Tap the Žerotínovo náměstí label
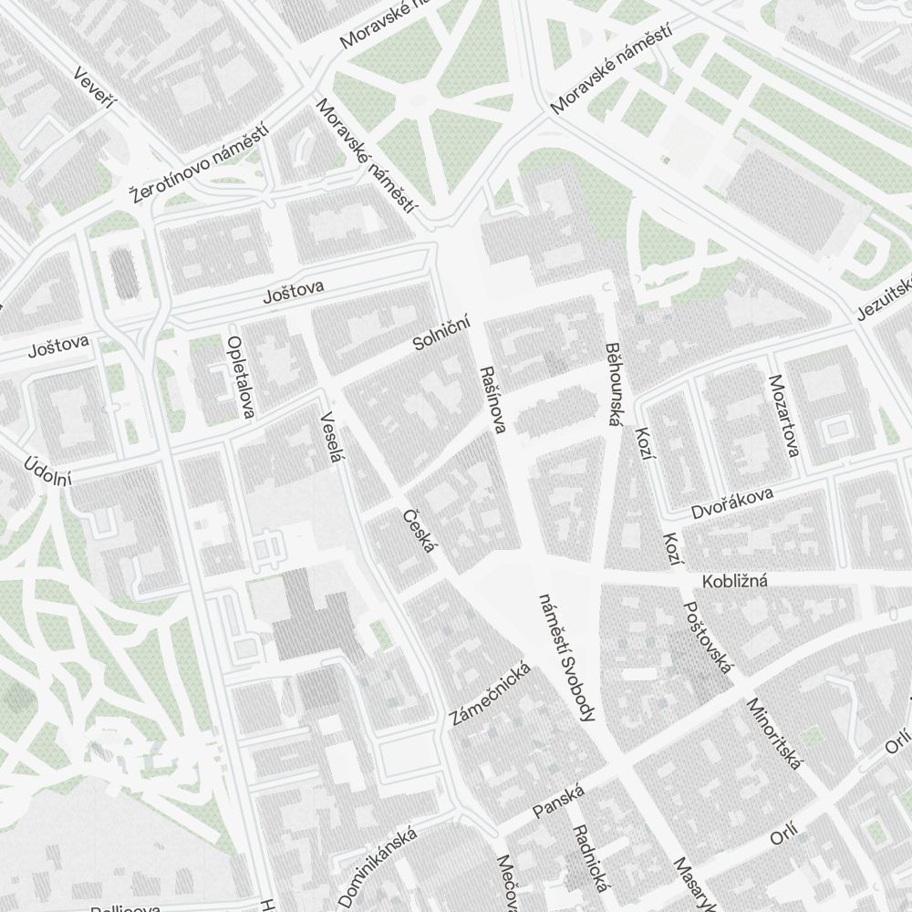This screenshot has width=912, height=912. coord(202,164)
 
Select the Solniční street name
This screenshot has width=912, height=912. coord(441,331)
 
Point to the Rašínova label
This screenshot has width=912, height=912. coord(491,400)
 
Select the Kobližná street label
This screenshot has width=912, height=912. coord(735,582)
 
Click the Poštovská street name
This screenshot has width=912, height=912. coord(708,638)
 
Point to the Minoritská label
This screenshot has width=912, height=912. coord(773,733)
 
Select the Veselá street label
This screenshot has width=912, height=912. coord(329,438)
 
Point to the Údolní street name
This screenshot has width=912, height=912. coord(47,470)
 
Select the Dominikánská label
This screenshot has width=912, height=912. coord(378,866)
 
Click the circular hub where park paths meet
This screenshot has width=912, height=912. coord(421,98)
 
